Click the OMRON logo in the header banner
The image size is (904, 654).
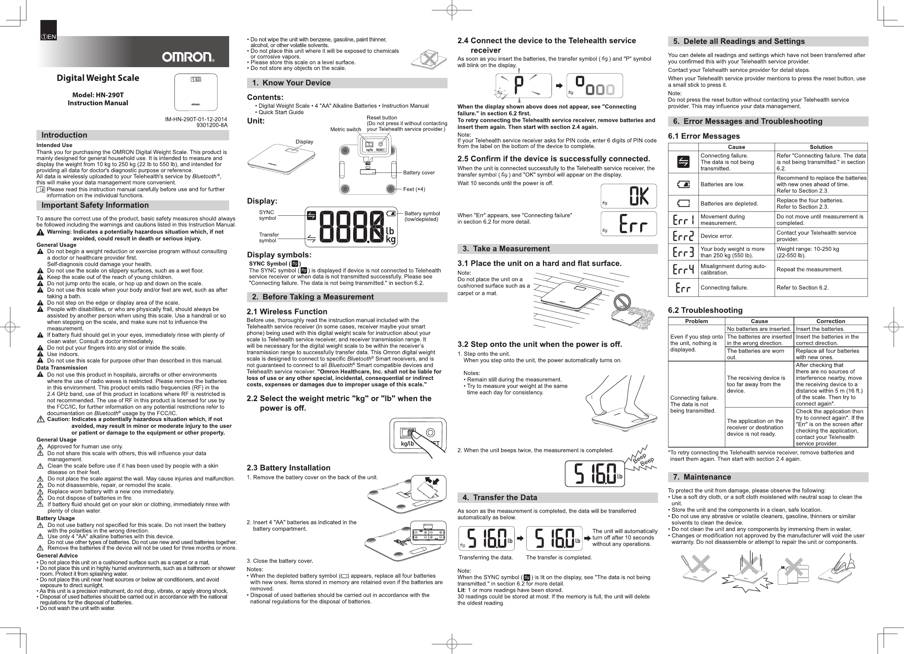188,58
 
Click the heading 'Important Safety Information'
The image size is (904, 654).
95,205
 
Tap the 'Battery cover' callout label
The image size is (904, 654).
419,173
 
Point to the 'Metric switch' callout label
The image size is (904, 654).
346,129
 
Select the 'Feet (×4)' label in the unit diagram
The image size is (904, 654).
414,189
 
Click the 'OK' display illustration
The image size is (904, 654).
628,196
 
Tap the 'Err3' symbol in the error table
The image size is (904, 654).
683,252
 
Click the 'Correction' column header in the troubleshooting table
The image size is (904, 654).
830,321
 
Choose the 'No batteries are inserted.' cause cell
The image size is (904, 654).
759,329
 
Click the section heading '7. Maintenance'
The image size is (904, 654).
707,477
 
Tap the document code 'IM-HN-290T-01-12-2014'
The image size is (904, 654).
196,119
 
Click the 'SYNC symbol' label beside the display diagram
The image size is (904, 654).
267,215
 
